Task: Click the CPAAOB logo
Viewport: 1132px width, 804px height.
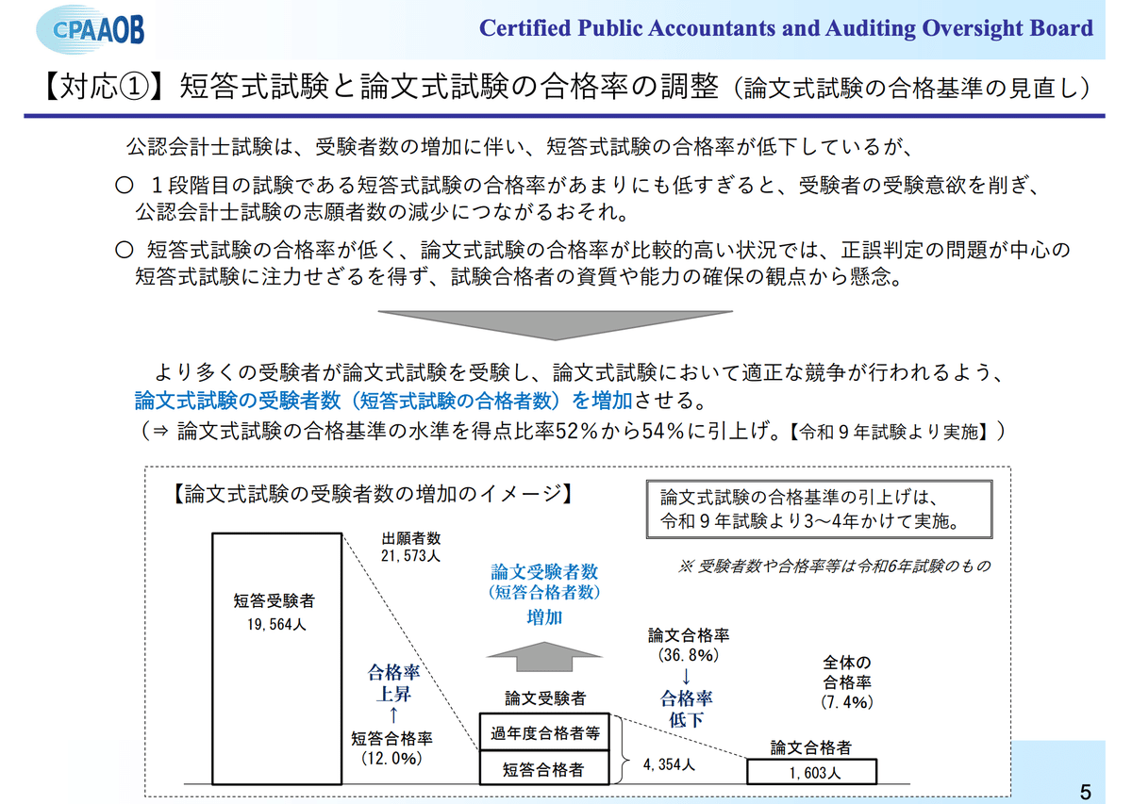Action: (92, 28)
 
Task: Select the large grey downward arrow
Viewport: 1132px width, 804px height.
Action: (565, 323)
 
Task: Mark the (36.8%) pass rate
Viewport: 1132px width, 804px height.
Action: (688, 654)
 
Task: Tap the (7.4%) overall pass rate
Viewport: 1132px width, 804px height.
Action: (847, 701)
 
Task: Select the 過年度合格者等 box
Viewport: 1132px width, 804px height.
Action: (545, 731)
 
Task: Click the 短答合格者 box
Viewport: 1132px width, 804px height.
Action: (545, 770)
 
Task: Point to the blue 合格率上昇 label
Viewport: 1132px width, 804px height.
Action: (392, 685)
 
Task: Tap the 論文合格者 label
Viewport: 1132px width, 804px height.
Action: (810, 747)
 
